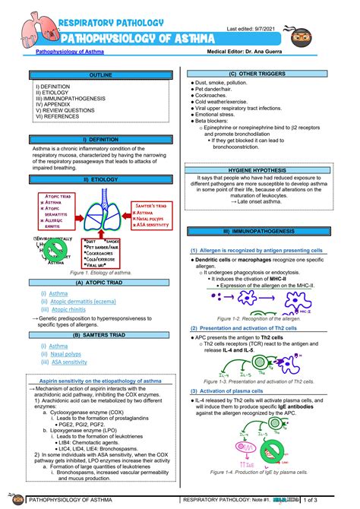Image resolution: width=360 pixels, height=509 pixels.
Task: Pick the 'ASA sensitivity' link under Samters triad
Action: pos(69,362)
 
